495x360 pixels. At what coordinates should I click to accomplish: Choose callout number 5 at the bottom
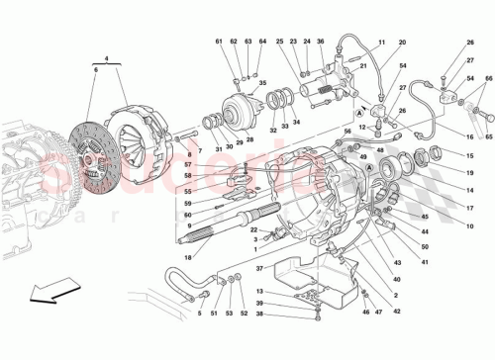199,315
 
